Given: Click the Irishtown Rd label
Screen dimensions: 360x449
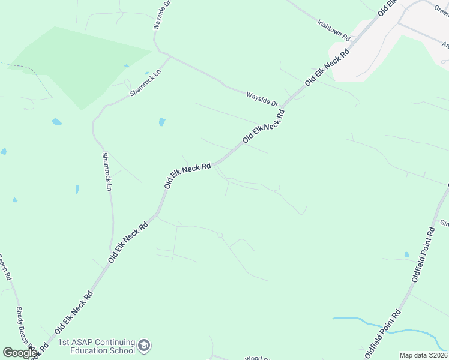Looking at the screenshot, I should [333, 29].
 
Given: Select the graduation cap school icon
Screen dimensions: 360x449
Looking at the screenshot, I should [144, 346].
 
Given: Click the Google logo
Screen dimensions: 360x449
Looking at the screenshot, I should [20, 353].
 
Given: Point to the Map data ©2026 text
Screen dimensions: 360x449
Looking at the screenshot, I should [423, 355].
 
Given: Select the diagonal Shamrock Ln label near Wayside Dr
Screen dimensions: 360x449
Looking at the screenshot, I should [146, 78].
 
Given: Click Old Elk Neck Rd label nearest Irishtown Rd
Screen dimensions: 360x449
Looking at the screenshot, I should [327, 67].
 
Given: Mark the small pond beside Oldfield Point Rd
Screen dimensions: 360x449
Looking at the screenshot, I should [407, 254].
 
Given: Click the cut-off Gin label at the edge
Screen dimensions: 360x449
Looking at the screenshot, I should [444, 223].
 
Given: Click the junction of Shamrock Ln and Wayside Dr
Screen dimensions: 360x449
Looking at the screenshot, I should [167, 56].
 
